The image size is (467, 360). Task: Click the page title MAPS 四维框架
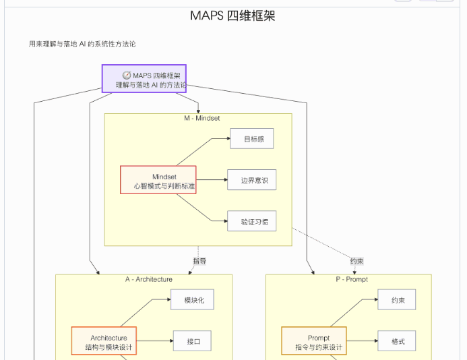(232, 16)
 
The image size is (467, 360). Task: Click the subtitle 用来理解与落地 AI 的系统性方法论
(82, 44)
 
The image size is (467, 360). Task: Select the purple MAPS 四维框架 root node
(144, 79)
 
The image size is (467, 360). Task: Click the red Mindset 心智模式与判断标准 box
(158, 180)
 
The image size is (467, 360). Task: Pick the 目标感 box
(251, 140)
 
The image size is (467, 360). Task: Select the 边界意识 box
(251, 180)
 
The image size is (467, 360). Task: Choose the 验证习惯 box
(251, 221)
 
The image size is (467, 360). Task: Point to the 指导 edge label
(199, 261)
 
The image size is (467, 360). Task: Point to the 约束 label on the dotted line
(358, 261)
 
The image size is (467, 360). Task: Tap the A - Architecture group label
(149, 279)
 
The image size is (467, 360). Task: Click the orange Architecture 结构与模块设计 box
(104, 342)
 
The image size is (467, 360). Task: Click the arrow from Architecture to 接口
(154, 341)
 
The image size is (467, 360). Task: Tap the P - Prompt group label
(352, 279)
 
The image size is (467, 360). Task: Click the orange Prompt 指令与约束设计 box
(314, 342)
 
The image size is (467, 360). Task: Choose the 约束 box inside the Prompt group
(396, 300)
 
